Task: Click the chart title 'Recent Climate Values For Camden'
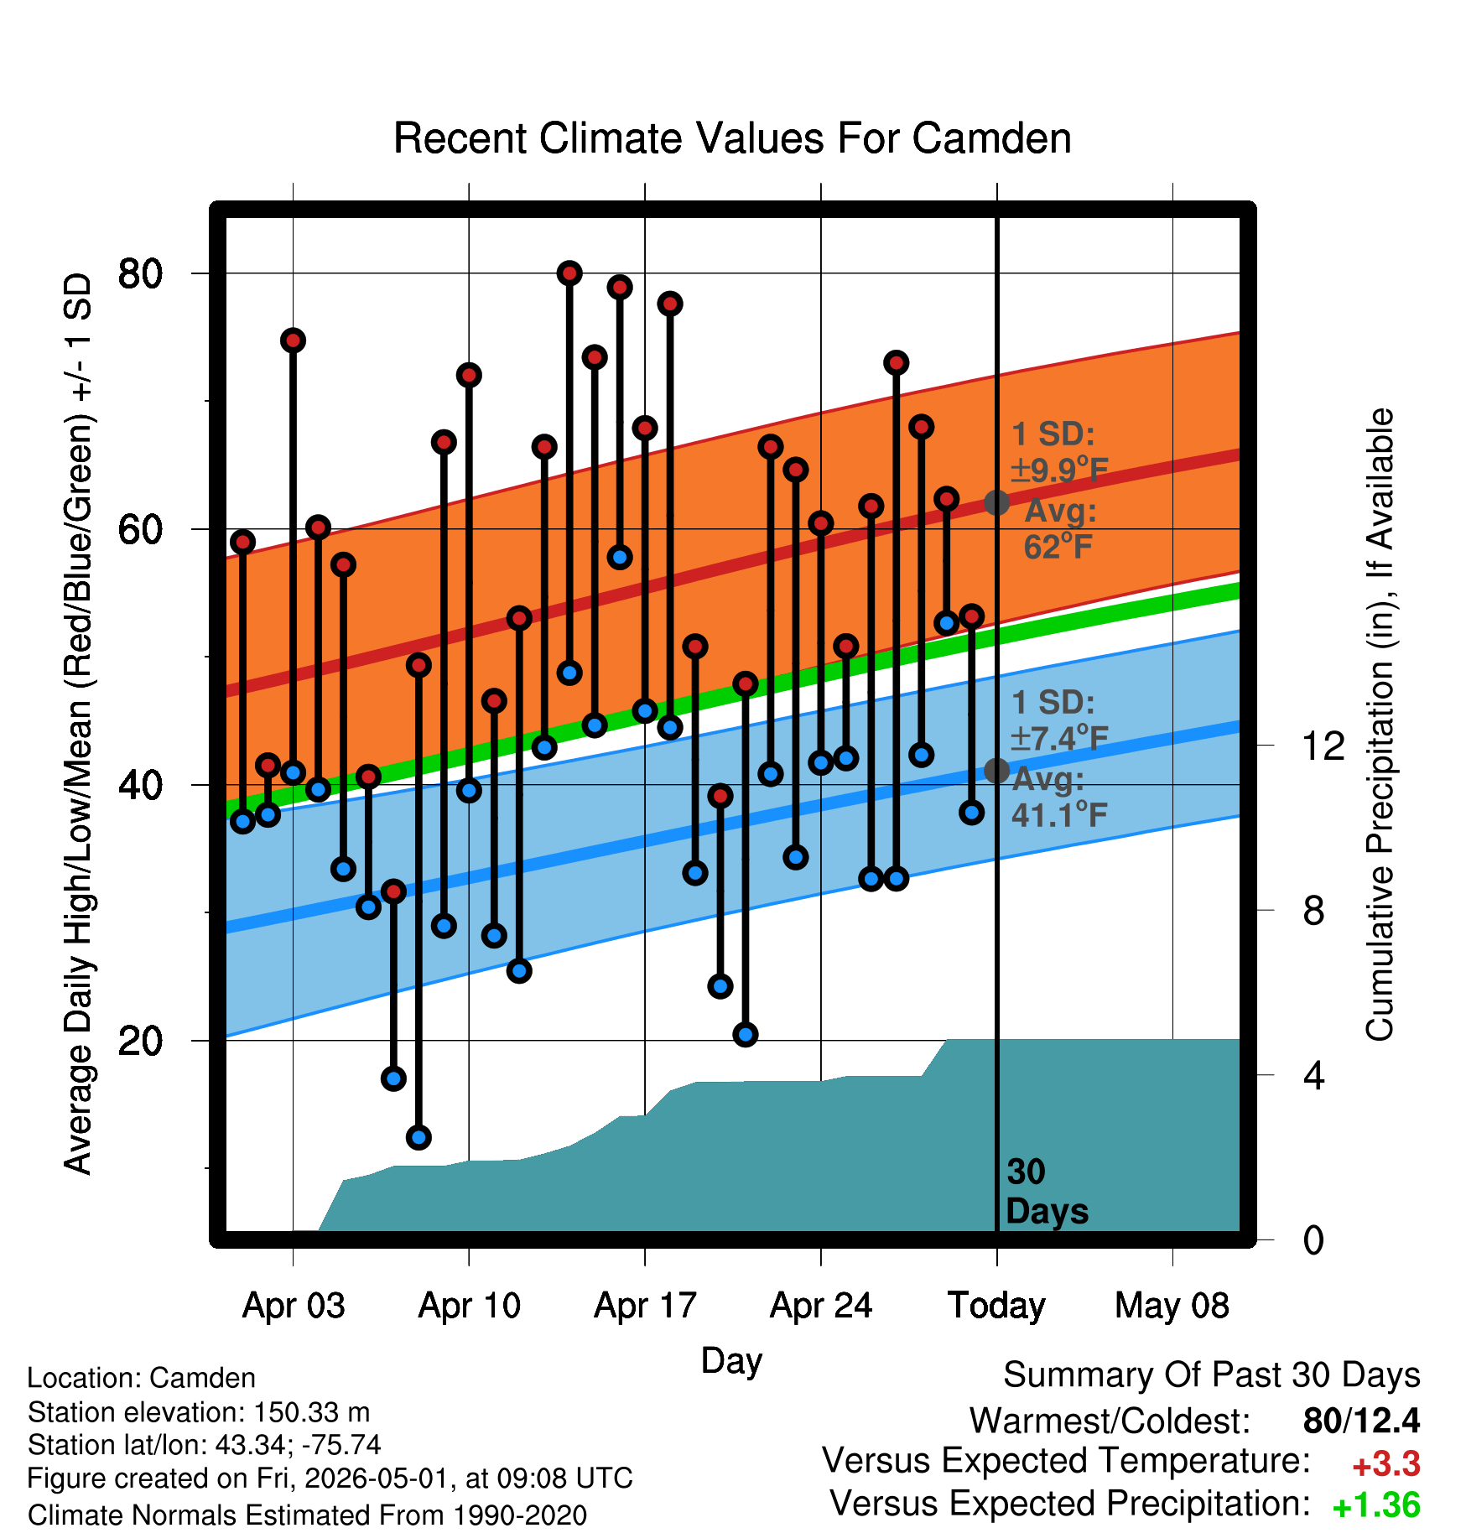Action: (732, 138)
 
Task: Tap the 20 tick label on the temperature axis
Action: (140, 1041)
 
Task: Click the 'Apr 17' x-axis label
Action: (645, 1306)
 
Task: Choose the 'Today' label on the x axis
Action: (996, 1306)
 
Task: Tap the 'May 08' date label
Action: (1172, 1306)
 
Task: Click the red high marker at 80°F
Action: (569, 273)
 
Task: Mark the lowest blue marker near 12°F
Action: (418, 1137)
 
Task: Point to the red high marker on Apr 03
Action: (293, 340)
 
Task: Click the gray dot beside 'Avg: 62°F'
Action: (996, 502)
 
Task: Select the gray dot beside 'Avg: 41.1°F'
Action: (996, 770)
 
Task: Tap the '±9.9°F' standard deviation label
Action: (1060, 470)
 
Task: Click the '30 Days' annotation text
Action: (1047, 1192)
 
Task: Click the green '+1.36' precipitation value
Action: (1376, 1506)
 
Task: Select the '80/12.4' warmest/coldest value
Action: (1362, 1421)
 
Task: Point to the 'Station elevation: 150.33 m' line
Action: (199, 1412)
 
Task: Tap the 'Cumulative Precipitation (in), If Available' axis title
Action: (1380, 725)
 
